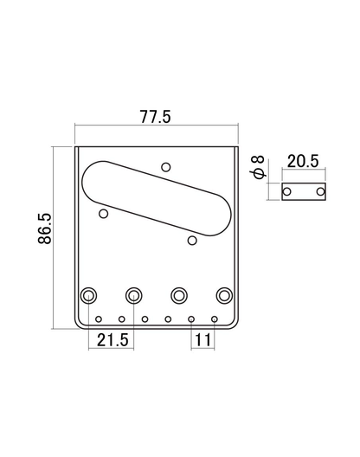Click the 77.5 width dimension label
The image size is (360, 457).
pyautogui.click(x=156, y=118)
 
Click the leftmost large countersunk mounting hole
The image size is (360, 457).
pyautogui.click(x=88, y=295)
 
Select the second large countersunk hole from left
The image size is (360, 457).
pyautogui.click(x=134, y=295)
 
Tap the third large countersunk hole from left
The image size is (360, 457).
pyautogui.click(x=179, y=295)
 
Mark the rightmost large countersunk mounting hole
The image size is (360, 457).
pyautogui.click(x=225, y=295)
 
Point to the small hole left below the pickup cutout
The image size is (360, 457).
pyautogui.click(x=103, y=213)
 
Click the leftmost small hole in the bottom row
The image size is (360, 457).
pyautogui.click(x=100, y=319)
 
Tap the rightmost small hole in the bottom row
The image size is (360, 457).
pyautogui.click(x=214, y=319)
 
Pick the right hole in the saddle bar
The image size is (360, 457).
pyautogui.click(x=320, y=190)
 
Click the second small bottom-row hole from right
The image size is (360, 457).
pyautogui.click(x=191, y=319)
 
